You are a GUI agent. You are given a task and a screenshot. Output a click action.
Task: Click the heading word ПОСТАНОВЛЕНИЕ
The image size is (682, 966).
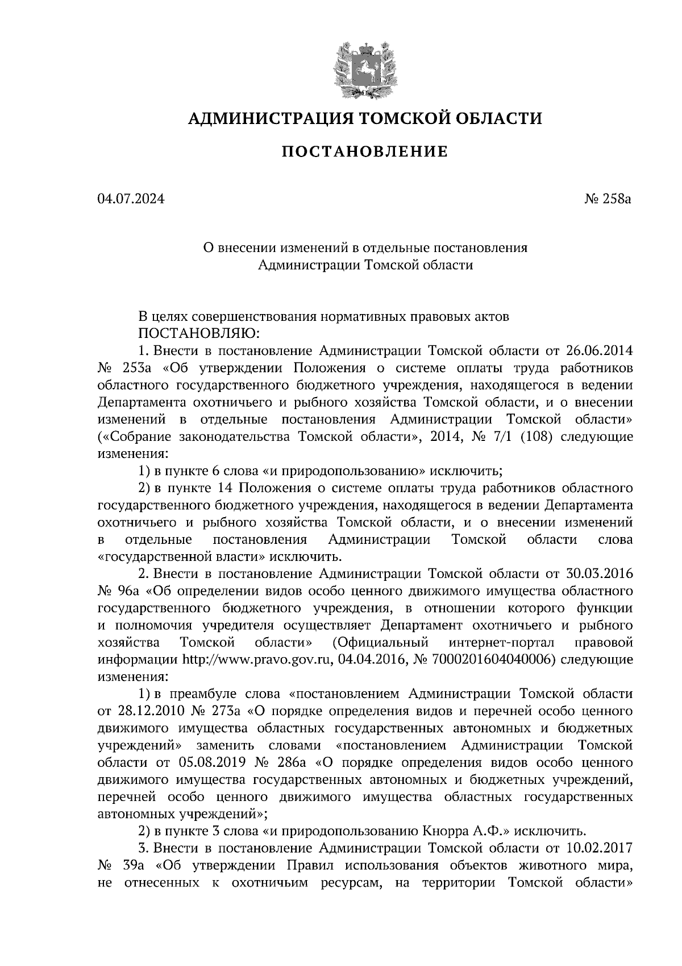(364, 152)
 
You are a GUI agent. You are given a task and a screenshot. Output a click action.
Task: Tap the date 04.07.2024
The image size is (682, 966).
(131, 200)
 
